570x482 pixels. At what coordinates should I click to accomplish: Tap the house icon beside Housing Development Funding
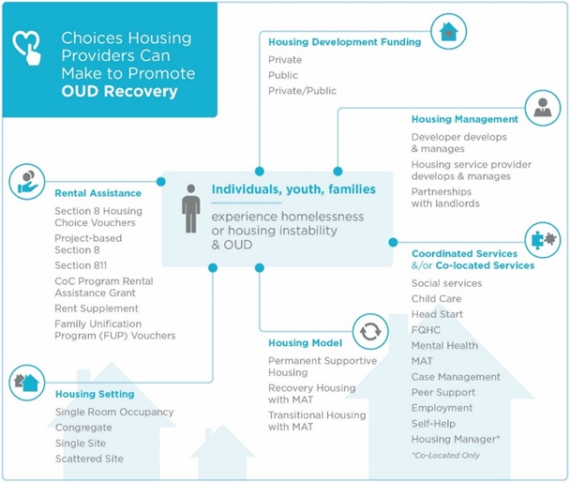click(449, 32)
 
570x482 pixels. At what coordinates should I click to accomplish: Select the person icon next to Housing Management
click(542, 109)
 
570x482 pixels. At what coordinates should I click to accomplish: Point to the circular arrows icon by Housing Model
click(369, 331)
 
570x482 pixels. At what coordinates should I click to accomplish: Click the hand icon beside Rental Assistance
click(27, 182)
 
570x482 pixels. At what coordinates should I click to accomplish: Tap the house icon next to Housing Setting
click(26, 383)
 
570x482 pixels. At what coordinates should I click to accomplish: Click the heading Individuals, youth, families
click(293, 189)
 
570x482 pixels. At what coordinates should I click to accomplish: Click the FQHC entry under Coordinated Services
click(427, 330)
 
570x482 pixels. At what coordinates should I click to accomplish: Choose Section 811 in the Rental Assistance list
click(81, 265)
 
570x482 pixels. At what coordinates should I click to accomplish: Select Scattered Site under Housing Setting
click(89, 459)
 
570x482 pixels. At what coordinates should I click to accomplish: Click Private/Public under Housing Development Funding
click(302, 91)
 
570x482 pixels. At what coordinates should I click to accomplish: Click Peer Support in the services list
click(442, 393)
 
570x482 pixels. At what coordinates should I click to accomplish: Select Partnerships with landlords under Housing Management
click(445, 198)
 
